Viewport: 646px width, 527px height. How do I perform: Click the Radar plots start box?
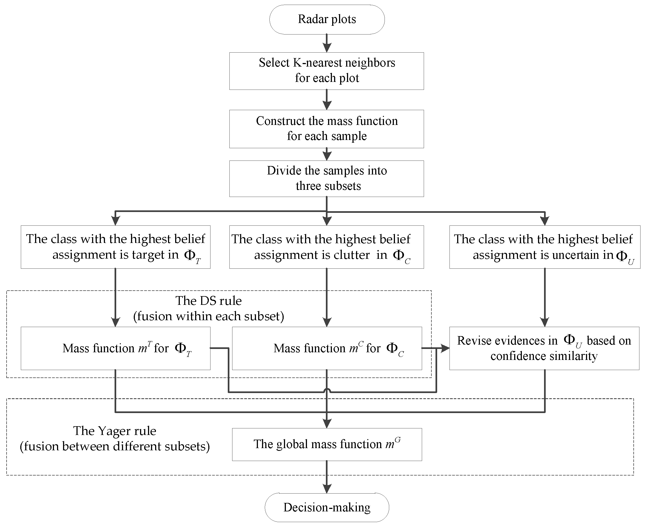[x=327, y=19]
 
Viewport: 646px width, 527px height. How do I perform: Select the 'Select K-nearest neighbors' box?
[x=326, y=71]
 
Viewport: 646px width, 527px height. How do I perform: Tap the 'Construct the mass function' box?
[x=326, y=129]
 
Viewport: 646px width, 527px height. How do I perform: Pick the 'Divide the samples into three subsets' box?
[x=326, y=179]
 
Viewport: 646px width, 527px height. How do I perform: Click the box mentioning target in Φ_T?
[x=115, y=247]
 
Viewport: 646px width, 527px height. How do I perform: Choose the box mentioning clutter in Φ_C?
[x=326, y=247]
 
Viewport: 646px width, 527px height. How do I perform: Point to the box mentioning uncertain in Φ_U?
[x=545, y=247]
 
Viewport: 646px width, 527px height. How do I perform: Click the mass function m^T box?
[x=115, y=348]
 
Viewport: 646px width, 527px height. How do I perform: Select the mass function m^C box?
[x=327, y=348]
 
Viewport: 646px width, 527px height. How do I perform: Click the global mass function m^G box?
[x=327, y=444]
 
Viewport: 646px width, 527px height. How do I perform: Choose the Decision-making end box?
[x=327, y=508]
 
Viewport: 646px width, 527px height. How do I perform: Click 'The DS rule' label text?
[x=209, y=301]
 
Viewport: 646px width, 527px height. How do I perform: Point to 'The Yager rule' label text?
[x=115, y=431]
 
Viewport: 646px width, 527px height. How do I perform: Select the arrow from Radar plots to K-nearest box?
[x=327, y=43]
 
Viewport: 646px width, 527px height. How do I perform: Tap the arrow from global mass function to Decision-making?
[x=327, y=477]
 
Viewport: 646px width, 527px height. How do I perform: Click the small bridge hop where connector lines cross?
[x=327, y=390]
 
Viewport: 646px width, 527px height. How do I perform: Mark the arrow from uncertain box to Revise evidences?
[x=545, y=297]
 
